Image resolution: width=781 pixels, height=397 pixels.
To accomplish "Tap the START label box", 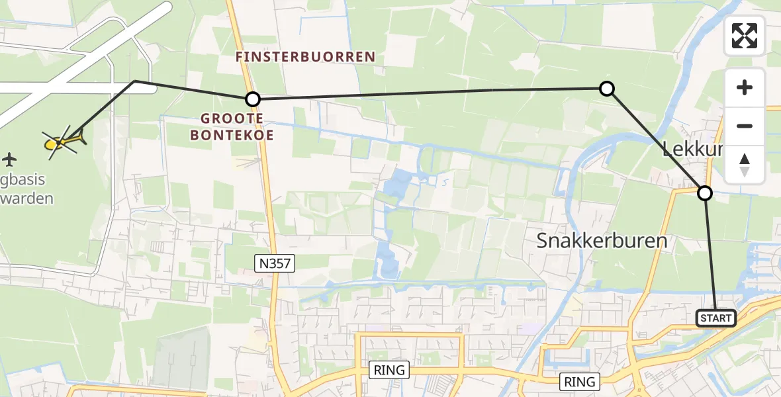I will point(716,318).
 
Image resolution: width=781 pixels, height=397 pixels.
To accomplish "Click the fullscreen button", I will point(745,36).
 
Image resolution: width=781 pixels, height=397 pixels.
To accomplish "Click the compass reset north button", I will point(745,165).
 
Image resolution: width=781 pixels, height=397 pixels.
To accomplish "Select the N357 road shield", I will point(274,263).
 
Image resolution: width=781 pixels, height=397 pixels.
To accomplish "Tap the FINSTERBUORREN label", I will point(306,57).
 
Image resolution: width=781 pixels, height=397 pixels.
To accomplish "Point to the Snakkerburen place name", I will point(602,240).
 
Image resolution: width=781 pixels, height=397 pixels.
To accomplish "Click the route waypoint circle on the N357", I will point(253,99).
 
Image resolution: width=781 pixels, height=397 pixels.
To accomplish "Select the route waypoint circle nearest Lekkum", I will point(705,193).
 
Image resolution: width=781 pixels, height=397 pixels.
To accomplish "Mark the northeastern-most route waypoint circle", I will point(606,88).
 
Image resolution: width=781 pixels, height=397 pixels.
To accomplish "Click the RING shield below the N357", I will point(389,370).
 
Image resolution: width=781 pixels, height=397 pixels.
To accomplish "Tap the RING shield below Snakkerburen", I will point(580,381).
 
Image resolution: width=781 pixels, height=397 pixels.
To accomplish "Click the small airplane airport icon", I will point(9,159).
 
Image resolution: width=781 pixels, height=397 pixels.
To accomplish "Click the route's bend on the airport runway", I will point(135,81).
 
